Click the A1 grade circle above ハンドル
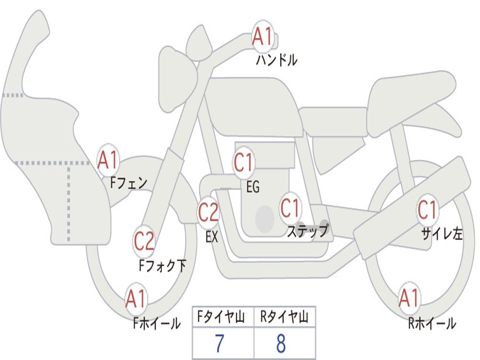click(x=262, y=36)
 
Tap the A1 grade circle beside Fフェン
click(x=108, y=160)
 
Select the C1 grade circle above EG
click(x=244, y=162)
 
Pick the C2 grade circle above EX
click(x=208, y=212)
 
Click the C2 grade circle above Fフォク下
click(x=144, y=241)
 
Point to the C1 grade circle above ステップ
click(x=290, y=208)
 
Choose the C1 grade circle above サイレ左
click(x=427, y=210)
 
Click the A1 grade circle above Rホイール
click(x=409, y=298)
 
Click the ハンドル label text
click(x=277, y=60)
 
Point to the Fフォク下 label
click(x=163, y=265)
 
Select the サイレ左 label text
click(x=442, y=234)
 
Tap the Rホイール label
click(x=432, y=323)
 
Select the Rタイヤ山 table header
click(x=285, y=316)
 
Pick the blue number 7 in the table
click(x=219, y=344)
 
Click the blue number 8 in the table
click(x=281, y=344)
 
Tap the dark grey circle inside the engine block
click(x=265, y=219)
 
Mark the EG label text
click(x=253, y=187)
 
